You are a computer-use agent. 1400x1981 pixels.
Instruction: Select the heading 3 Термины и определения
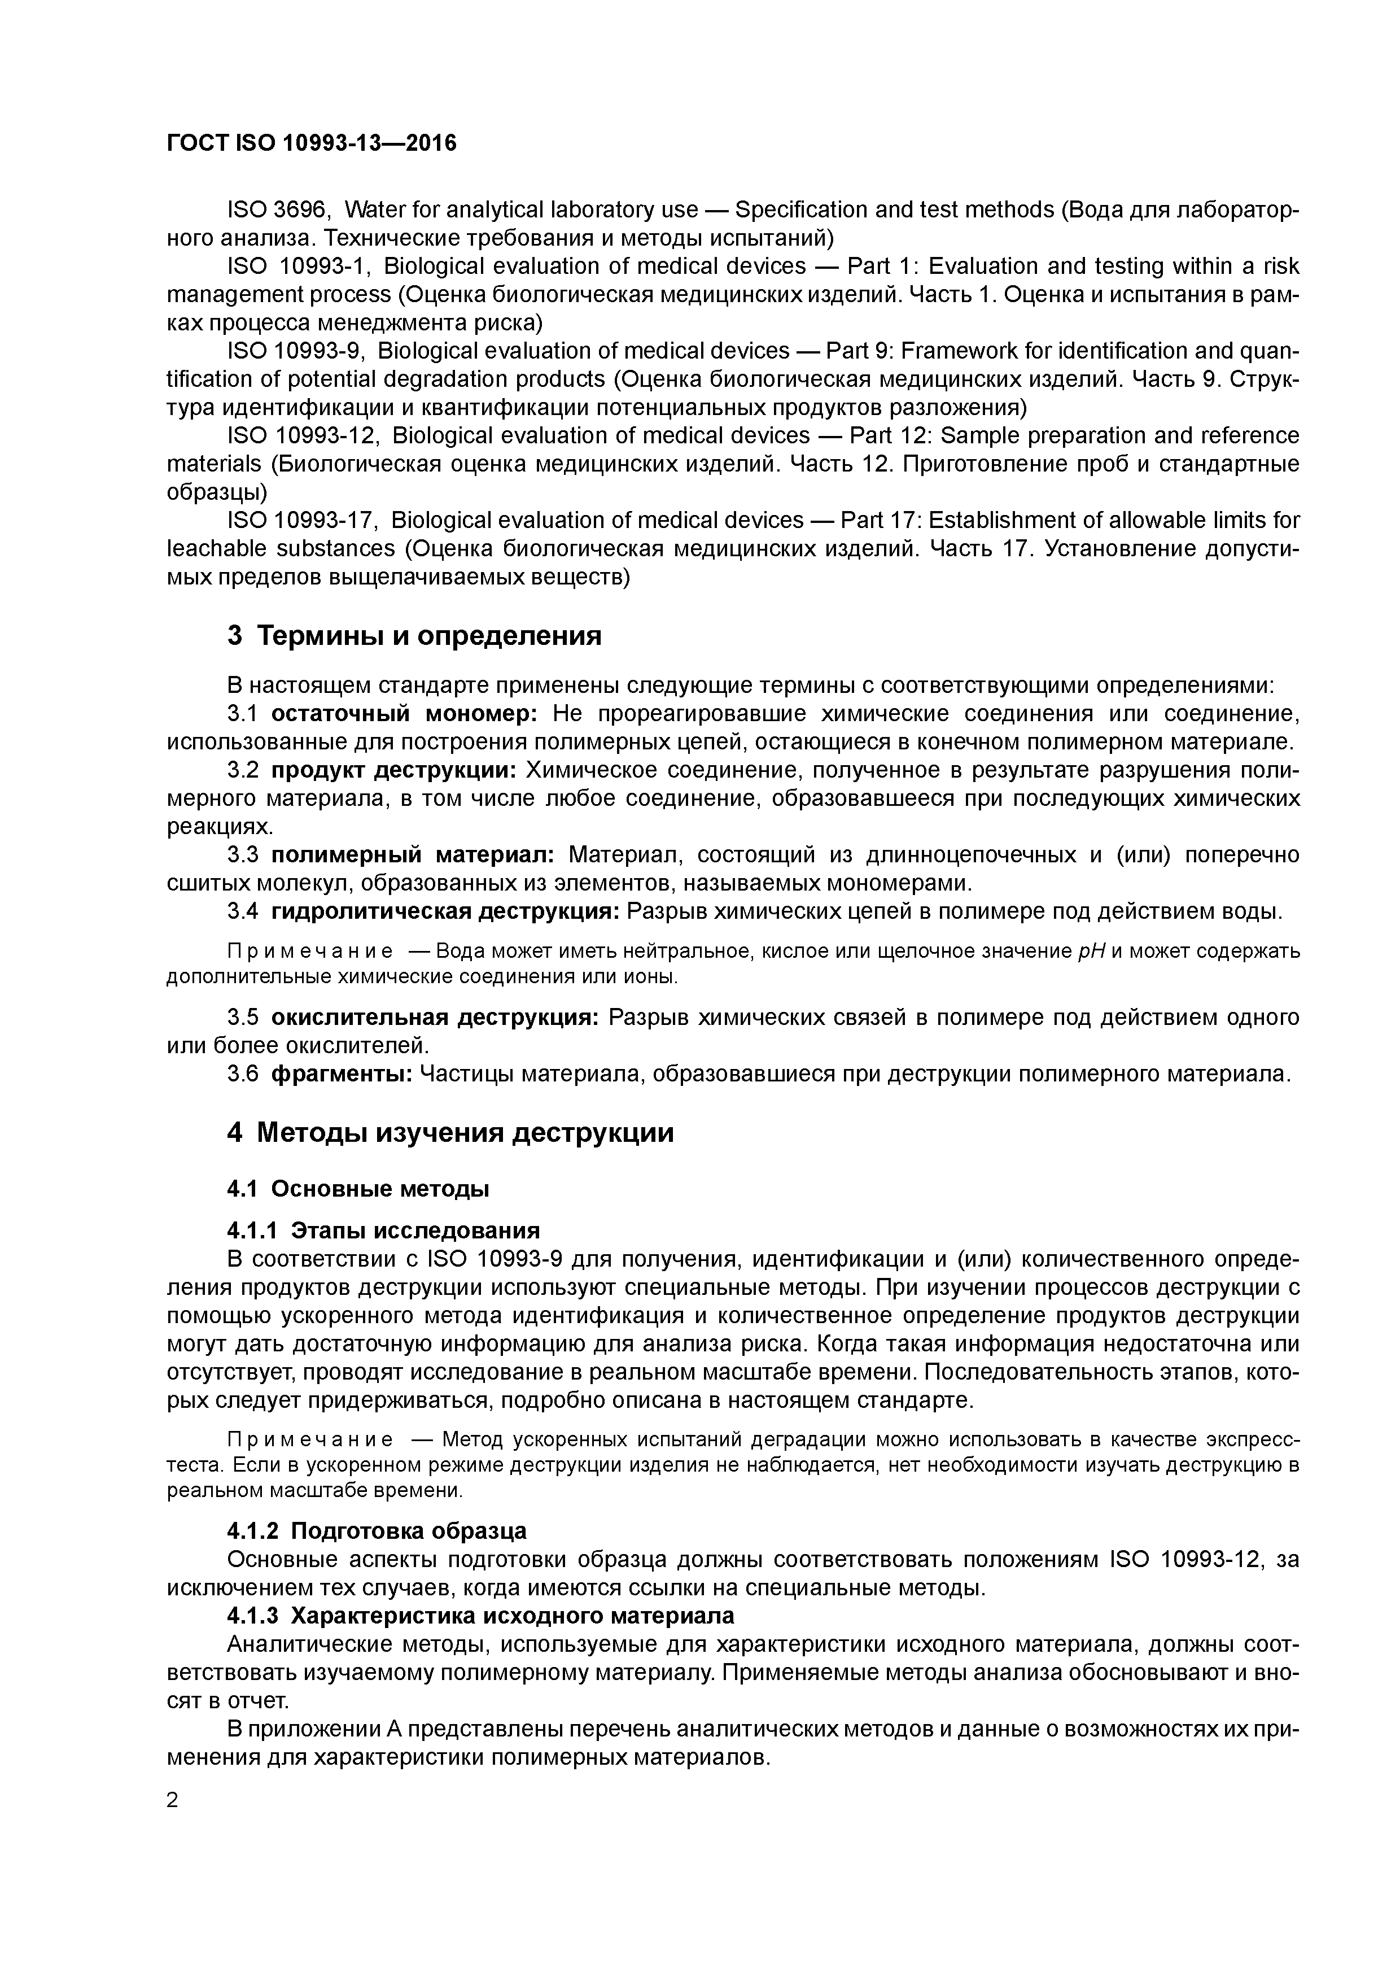(x=414, y=636)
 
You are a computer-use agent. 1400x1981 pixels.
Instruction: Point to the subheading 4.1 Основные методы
(x=358, y=1189)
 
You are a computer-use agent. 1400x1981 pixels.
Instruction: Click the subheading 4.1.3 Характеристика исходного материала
(x=480, y=1615)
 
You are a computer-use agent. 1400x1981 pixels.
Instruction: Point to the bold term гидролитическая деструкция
(x=445, y=911)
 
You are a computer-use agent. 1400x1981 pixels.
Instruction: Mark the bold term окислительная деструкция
(x=435, y=1017)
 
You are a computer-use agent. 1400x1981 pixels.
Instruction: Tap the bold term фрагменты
(x=342, y=1074)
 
